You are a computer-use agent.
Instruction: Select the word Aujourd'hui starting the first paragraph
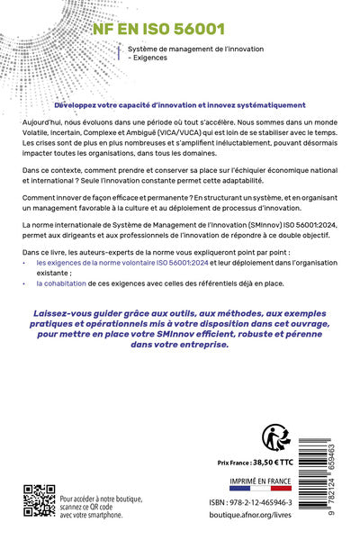(40, 120)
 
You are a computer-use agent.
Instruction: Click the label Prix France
(231, 461)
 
